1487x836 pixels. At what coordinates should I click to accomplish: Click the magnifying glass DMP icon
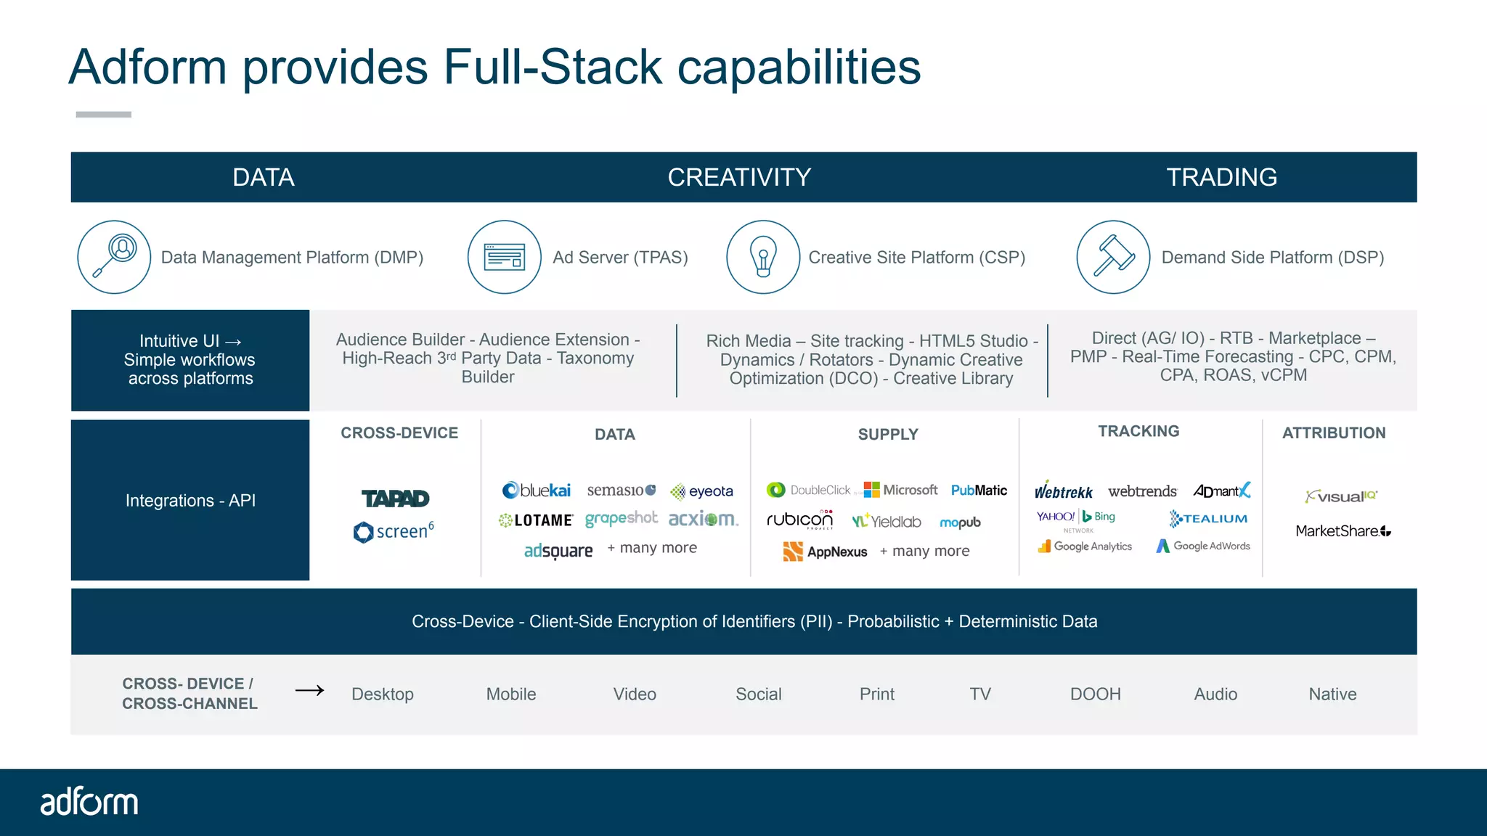coord(114,257)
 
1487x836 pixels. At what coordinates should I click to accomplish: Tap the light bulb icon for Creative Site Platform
coord(762,257)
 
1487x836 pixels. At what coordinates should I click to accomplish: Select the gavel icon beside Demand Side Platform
coord(1112,257)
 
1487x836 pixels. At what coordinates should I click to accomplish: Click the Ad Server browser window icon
coord(504,257)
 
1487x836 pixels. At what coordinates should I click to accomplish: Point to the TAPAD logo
coord(396,499)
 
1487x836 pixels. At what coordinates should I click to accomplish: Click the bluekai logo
coord(537,491)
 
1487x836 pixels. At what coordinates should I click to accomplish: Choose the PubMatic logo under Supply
coord(979,491)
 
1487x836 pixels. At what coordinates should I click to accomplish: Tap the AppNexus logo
coord(826,552)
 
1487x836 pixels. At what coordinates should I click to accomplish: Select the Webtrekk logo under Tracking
coord(1063,491)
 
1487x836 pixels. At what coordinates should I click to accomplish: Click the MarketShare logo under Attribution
coord(1343,531)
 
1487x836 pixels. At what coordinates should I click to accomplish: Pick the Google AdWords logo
coord(1203,546)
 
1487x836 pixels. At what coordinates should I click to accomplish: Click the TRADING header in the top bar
coord(1221,177)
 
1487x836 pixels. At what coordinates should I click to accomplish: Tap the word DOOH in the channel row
coord(1095,694)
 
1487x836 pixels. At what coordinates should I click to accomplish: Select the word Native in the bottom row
coord(1332,694)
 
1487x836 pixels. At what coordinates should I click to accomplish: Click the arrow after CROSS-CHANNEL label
coord(310,690)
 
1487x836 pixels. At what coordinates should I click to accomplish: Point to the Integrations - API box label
coord(190,501)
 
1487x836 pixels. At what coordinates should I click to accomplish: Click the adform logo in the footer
coord(89,802)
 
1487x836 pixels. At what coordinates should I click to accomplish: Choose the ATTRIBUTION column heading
coord(1334,433)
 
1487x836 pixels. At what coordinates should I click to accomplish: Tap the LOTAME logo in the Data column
coord(536,520)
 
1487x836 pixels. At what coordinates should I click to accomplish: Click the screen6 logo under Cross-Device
coord(394,531)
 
